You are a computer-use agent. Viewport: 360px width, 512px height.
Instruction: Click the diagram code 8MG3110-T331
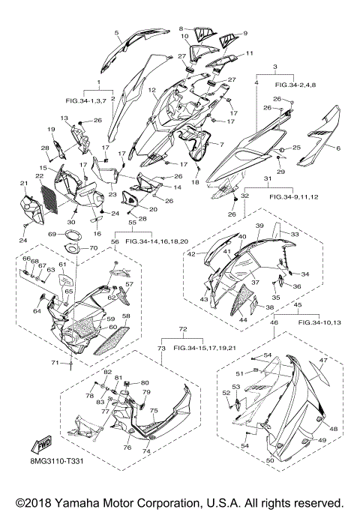(x=55, y=461)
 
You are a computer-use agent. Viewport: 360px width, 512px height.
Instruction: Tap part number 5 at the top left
(x=116, y=32)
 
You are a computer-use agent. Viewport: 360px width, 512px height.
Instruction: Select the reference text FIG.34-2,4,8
(x=295, y=85)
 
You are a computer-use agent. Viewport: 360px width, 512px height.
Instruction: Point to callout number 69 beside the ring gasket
(x=52, y=234)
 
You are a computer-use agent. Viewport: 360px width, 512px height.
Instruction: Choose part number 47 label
(x=323, y=360)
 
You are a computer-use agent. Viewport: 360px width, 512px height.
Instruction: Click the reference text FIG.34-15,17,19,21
(x=205, y=348)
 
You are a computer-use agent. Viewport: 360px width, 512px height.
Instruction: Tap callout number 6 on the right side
(x=338, y=148)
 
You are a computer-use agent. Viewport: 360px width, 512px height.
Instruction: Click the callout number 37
(x=255, y=283)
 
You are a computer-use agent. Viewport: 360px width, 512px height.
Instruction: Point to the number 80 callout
(x=145, y=383)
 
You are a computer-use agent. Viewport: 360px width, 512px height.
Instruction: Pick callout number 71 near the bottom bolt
(x=55, y=363)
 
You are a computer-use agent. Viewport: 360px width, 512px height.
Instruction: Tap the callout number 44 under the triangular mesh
(x=243, y=320)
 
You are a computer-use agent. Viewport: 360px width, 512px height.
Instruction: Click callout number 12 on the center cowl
(x=152, y=90)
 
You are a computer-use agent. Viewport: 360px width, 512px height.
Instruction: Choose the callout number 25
(x=296, y=148)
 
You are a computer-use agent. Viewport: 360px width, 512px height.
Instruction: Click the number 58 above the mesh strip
(x=126, y=316)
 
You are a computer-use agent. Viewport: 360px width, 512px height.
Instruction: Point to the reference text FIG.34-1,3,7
(x=86, y=101)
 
